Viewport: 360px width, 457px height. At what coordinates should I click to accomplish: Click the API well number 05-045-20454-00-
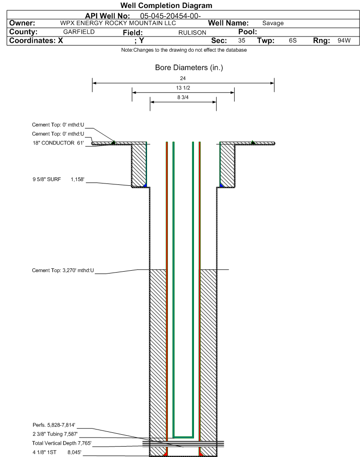point(170,16)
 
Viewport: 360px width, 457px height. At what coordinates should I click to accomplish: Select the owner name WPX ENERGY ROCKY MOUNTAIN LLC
point(118,23)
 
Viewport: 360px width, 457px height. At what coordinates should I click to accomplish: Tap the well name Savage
point(273,23)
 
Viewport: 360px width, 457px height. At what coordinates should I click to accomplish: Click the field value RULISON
point(192,32)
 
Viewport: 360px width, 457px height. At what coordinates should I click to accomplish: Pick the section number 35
point(241,41)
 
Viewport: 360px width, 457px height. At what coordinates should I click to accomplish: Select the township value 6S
point(293,41)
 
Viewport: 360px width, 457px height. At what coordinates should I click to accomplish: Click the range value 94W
point(344,41)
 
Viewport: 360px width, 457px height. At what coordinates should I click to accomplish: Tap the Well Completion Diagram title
point(166,6)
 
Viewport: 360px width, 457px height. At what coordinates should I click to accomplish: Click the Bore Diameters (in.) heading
point(189,68)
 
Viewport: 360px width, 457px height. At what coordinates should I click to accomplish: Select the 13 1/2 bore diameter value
point(183,88)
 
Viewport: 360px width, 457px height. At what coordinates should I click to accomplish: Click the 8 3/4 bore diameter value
point(183,97)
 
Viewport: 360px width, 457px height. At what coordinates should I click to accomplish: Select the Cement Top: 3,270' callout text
point(63,270)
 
